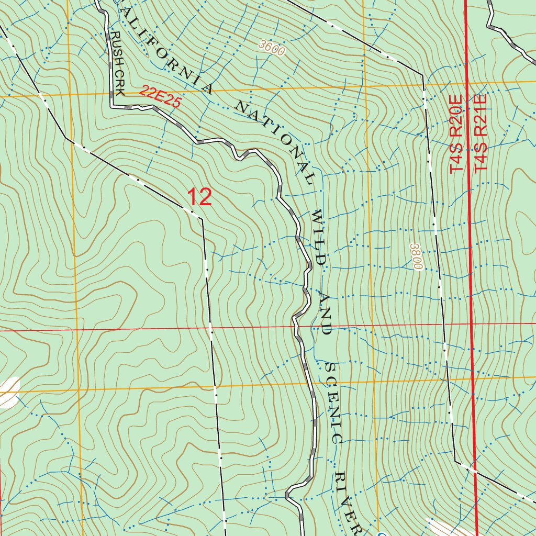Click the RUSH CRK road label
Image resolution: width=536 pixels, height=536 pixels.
pos(117,63)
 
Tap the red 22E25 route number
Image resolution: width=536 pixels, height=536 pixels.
pos(160,97)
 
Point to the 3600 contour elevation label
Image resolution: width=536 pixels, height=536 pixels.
pos(272,48)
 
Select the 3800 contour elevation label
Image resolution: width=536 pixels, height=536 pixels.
pos(417,256)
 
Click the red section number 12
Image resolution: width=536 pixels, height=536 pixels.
pos(199,197)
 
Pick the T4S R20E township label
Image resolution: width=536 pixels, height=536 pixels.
pos(456,133)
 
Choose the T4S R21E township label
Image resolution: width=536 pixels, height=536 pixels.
pos(481,133)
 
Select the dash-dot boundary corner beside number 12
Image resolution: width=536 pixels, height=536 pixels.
pos(202,218)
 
